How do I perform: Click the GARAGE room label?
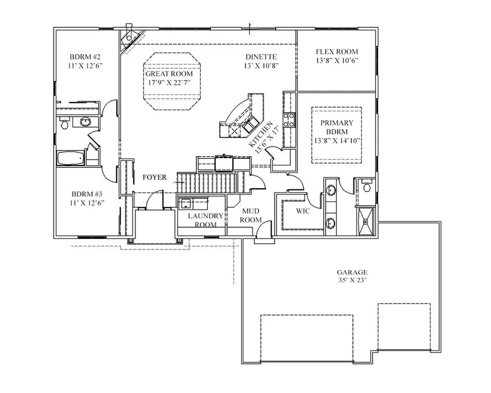(x=351, y=272)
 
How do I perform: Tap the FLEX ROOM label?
(x=337, y=52)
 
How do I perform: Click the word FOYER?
(x=154, y=177)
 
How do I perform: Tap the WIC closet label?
(x=303, y=210)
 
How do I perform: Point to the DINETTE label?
(x=261, y=56)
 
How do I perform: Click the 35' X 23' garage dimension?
(x=351, y=281)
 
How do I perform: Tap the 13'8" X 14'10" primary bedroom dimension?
(x=337, y=141)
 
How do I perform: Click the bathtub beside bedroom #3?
(x=71, y=159)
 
